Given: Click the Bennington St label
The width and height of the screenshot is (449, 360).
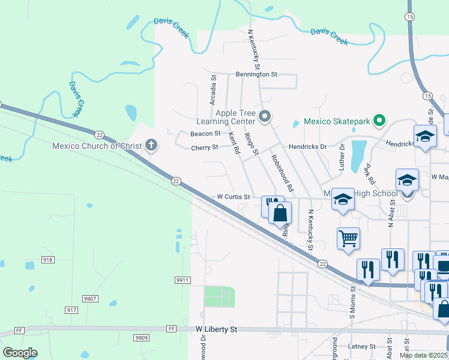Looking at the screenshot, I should (256, 75).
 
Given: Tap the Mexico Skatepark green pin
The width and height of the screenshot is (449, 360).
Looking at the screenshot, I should (379, 121).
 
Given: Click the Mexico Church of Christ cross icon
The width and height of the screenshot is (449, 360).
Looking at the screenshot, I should (151, 145).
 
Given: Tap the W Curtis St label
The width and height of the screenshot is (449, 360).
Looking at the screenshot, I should (234, 197).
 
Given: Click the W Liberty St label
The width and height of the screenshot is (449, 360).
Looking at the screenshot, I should (217, 329).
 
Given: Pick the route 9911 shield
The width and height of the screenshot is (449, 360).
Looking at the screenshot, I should (183, 280).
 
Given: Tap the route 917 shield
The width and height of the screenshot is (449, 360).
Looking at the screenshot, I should (71, 310).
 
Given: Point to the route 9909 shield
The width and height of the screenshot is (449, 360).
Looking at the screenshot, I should (142, 338).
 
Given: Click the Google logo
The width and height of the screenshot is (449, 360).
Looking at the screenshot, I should (20, 353).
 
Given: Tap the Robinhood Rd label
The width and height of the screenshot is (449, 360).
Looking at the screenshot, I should (282, 173).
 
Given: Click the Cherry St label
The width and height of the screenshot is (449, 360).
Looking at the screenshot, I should (204, 148).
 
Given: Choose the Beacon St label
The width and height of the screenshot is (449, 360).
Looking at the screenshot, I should (205, 134).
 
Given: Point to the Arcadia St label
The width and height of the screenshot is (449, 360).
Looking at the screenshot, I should (212, 90).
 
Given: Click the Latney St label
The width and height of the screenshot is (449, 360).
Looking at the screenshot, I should (361, 346).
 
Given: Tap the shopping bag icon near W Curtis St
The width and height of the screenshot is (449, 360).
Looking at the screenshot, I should (280, 212).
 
